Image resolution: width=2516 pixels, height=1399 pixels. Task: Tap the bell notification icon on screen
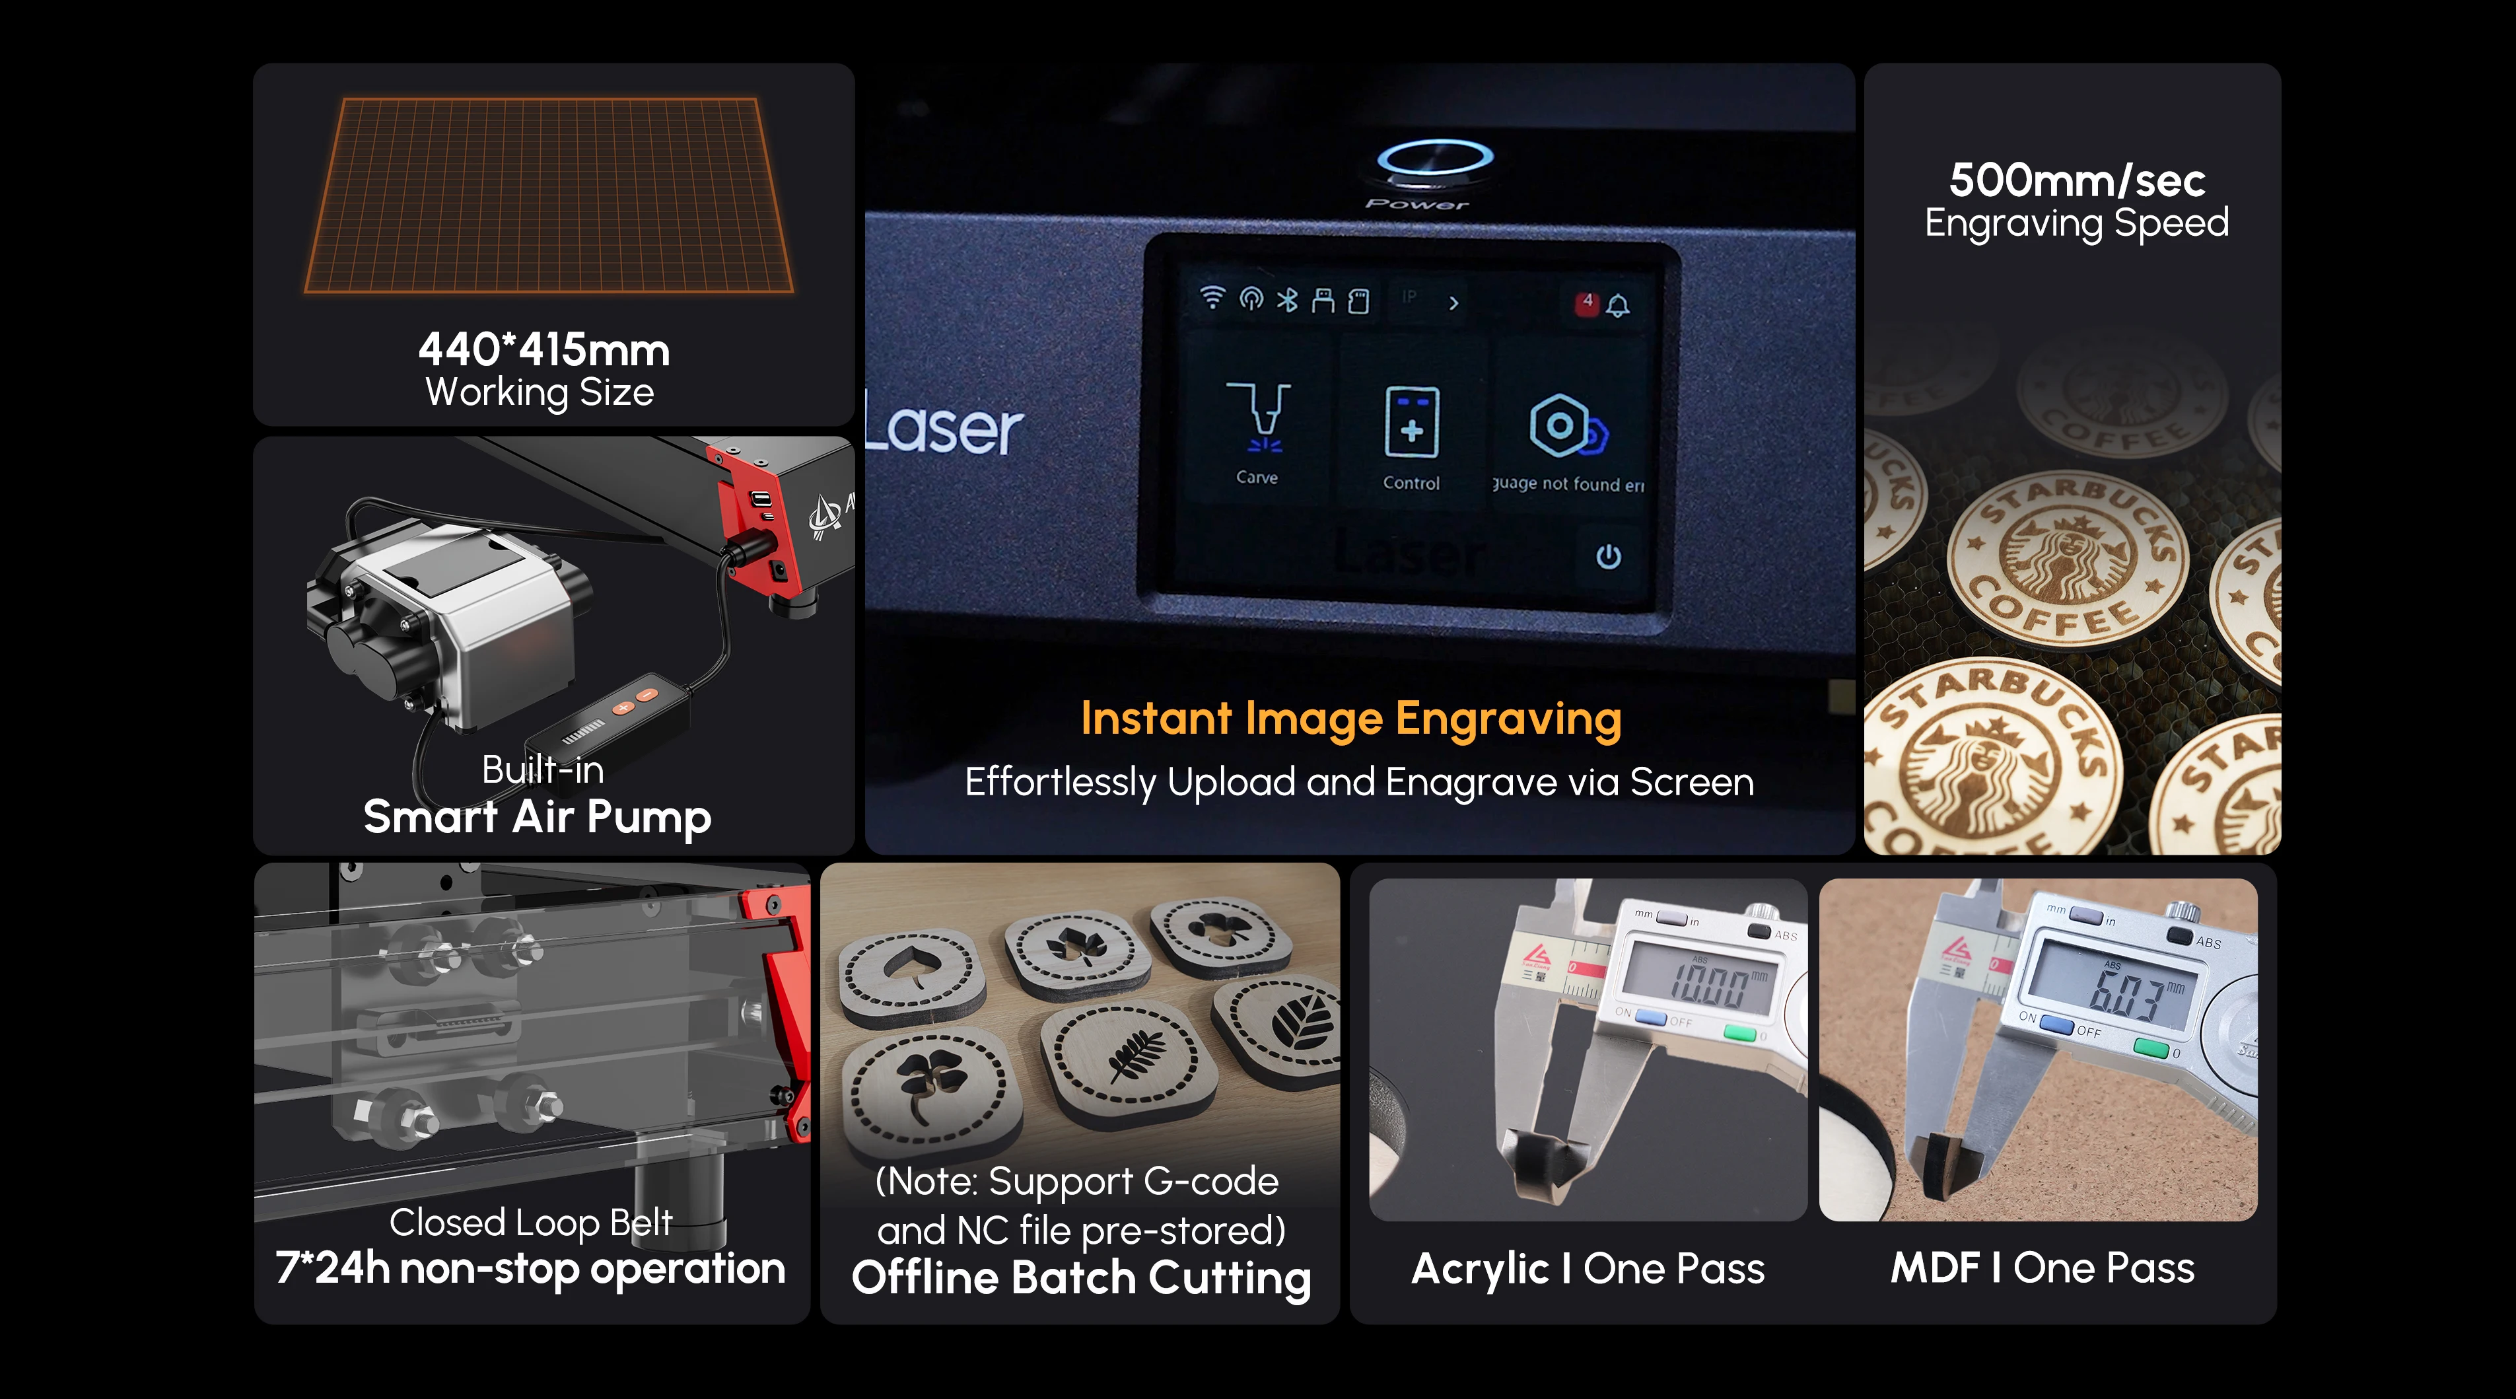tap(1619, 306)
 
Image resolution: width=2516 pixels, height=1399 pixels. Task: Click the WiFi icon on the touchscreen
tap(1212, 298)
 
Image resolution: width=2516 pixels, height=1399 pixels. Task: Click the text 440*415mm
tap(544, 350)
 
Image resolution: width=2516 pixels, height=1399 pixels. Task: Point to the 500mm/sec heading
tap(2076, 181)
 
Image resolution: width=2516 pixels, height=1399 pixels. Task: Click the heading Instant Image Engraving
tap(1351, 719)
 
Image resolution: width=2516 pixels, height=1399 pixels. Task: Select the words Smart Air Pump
tap(537, 816)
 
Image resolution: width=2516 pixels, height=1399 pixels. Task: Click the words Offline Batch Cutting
tap(1080, 1278)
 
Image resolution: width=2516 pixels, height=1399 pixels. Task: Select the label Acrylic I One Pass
tap(1588, 1269)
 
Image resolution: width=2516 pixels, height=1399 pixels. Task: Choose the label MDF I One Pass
tap(2043, 1268)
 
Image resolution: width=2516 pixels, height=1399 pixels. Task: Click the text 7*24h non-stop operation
tap(530, 1268)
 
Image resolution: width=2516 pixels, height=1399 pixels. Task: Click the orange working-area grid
tap(548, 196)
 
